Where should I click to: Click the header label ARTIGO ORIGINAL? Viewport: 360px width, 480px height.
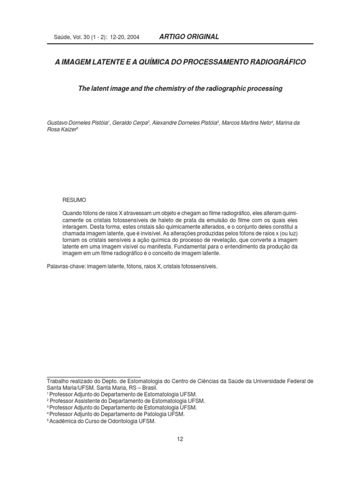pos(189,37)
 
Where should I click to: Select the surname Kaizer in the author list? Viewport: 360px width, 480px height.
pos(67,130)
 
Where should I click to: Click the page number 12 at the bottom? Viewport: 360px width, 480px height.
pos(180,439)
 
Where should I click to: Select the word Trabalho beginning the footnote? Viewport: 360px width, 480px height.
pos(59,381)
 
